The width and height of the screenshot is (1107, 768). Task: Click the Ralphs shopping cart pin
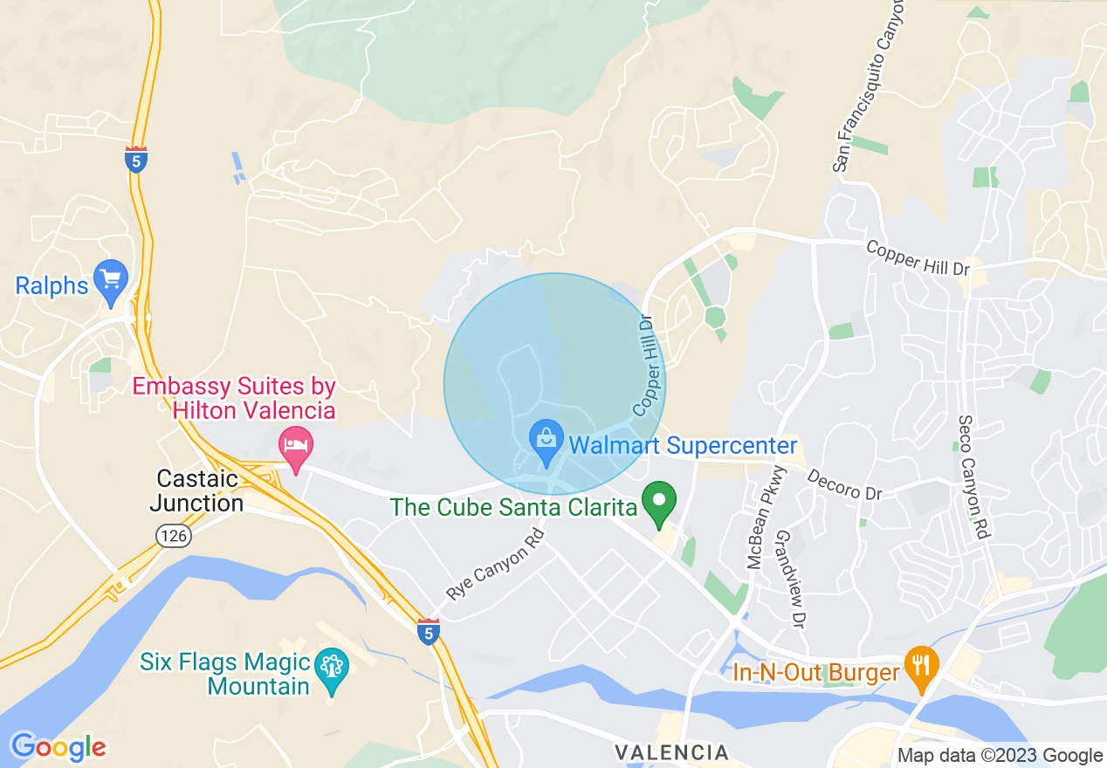point(111,279)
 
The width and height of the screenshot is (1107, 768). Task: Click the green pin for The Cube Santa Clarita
point(659,502)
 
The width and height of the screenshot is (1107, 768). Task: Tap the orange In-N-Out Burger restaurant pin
point(920,665)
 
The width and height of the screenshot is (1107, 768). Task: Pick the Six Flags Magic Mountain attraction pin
point(332,669)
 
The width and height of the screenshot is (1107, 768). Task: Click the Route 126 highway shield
point(175,535)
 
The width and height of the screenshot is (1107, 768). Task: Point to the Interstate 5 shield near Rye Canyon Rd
point(427,631)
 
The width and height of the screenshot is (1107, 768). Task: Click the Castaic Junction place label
point(196,490)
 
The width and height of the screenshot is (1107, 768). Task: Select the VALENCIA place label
point(671,752)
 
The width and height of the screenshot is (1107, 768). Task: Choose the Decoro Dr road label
point(844,485)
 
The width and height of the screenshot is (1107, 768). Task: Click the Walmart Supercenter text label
point(683,446)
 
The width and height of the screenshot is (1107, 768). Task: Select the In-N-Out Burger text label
point(815,673)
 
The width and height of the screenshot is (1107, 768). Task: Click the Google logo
point(58,747)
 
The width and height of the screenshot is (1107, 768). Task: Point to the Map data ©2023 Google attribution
point(1000,756)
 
